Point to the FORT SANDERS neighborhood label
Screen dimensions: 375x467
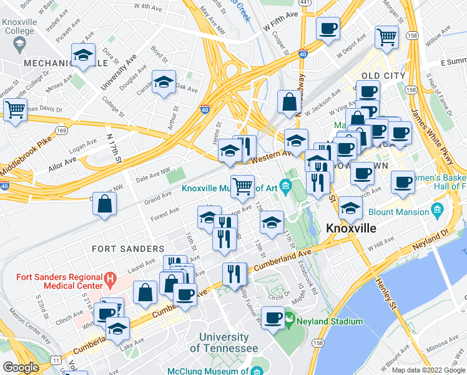(x=121, y=248)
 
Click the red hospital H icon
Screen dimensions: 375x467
(x=110, y=277)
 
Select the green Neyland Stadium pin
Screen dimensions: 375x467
(x=289, y=321)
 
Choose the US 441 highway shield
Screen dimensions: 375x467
(x=304, y=3)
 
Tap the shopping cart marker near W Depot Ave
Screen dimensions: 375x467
(x=386, y=36)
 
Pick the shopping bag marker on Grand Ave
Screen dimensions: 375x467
(x=106, y=203)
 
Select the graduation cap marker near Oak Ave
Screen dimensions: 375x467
(x=164, y=82)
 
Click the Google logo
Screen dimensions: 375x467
(x=21, y=367)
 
